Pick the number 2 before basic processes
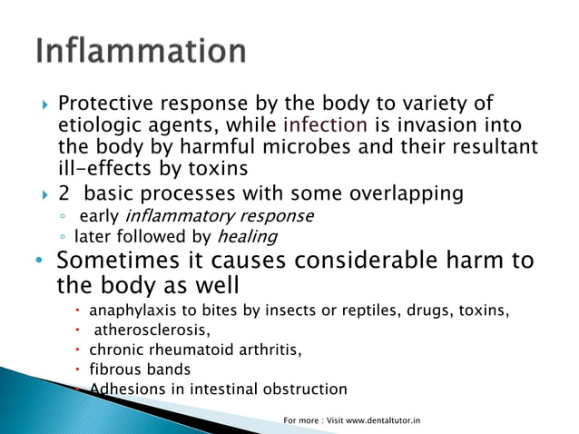[63, 193]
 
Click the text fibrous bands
[140, 370]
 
